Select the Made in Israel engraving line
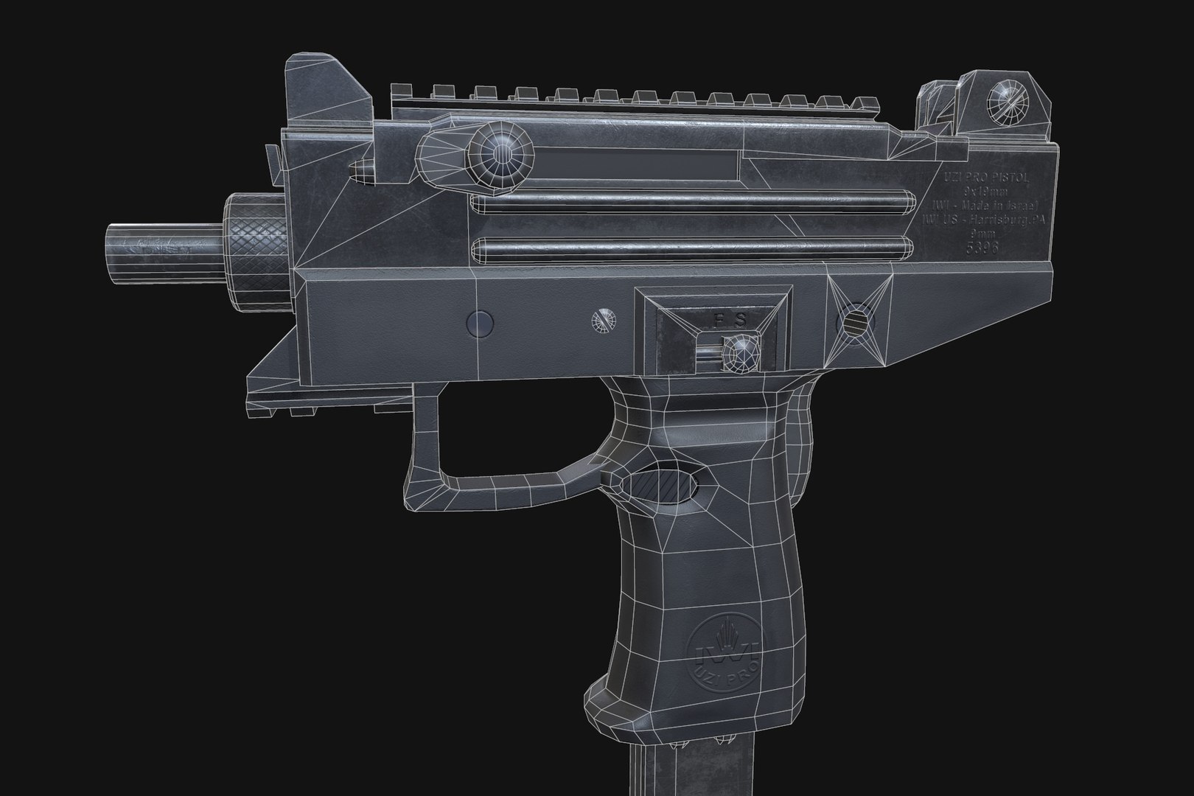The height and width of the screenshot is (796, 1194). pos(976,206)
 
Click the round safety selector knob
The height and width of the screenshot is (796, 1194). pos(740,352)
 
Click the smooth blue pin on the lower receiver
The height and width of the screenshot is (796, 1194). pos(481,322)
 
